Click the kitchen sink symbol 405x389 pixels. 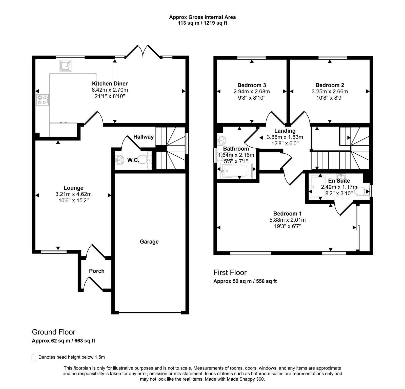[x=66, y=66]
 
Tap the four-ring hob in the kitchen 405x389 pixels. [x=43, y=100]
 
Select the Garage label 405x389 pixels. [x=149, y=242]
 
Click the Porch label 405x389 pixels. [x=97, y=271]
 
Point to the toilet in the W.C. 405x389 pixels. [x=144, y=160]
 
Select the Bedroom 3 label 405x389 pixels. [x=252, y=85]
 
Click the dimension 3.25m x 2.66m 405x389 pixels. [x=330, y=92]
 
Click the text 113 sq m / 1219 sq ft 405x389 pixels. [x=202, y=23]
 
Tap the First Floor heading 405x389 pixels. [x=230, y=273]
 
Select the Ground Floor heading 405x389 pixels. [x=53, y=332]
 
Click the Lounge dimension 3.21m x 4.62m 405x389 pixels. [x=73, y=194]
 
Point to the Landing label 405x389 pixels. [x=285, y=131]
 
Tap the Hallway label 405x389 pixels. [x=144, y=137]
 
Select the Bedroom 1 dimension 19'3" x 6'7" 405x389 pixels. [x=287, y=226]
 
